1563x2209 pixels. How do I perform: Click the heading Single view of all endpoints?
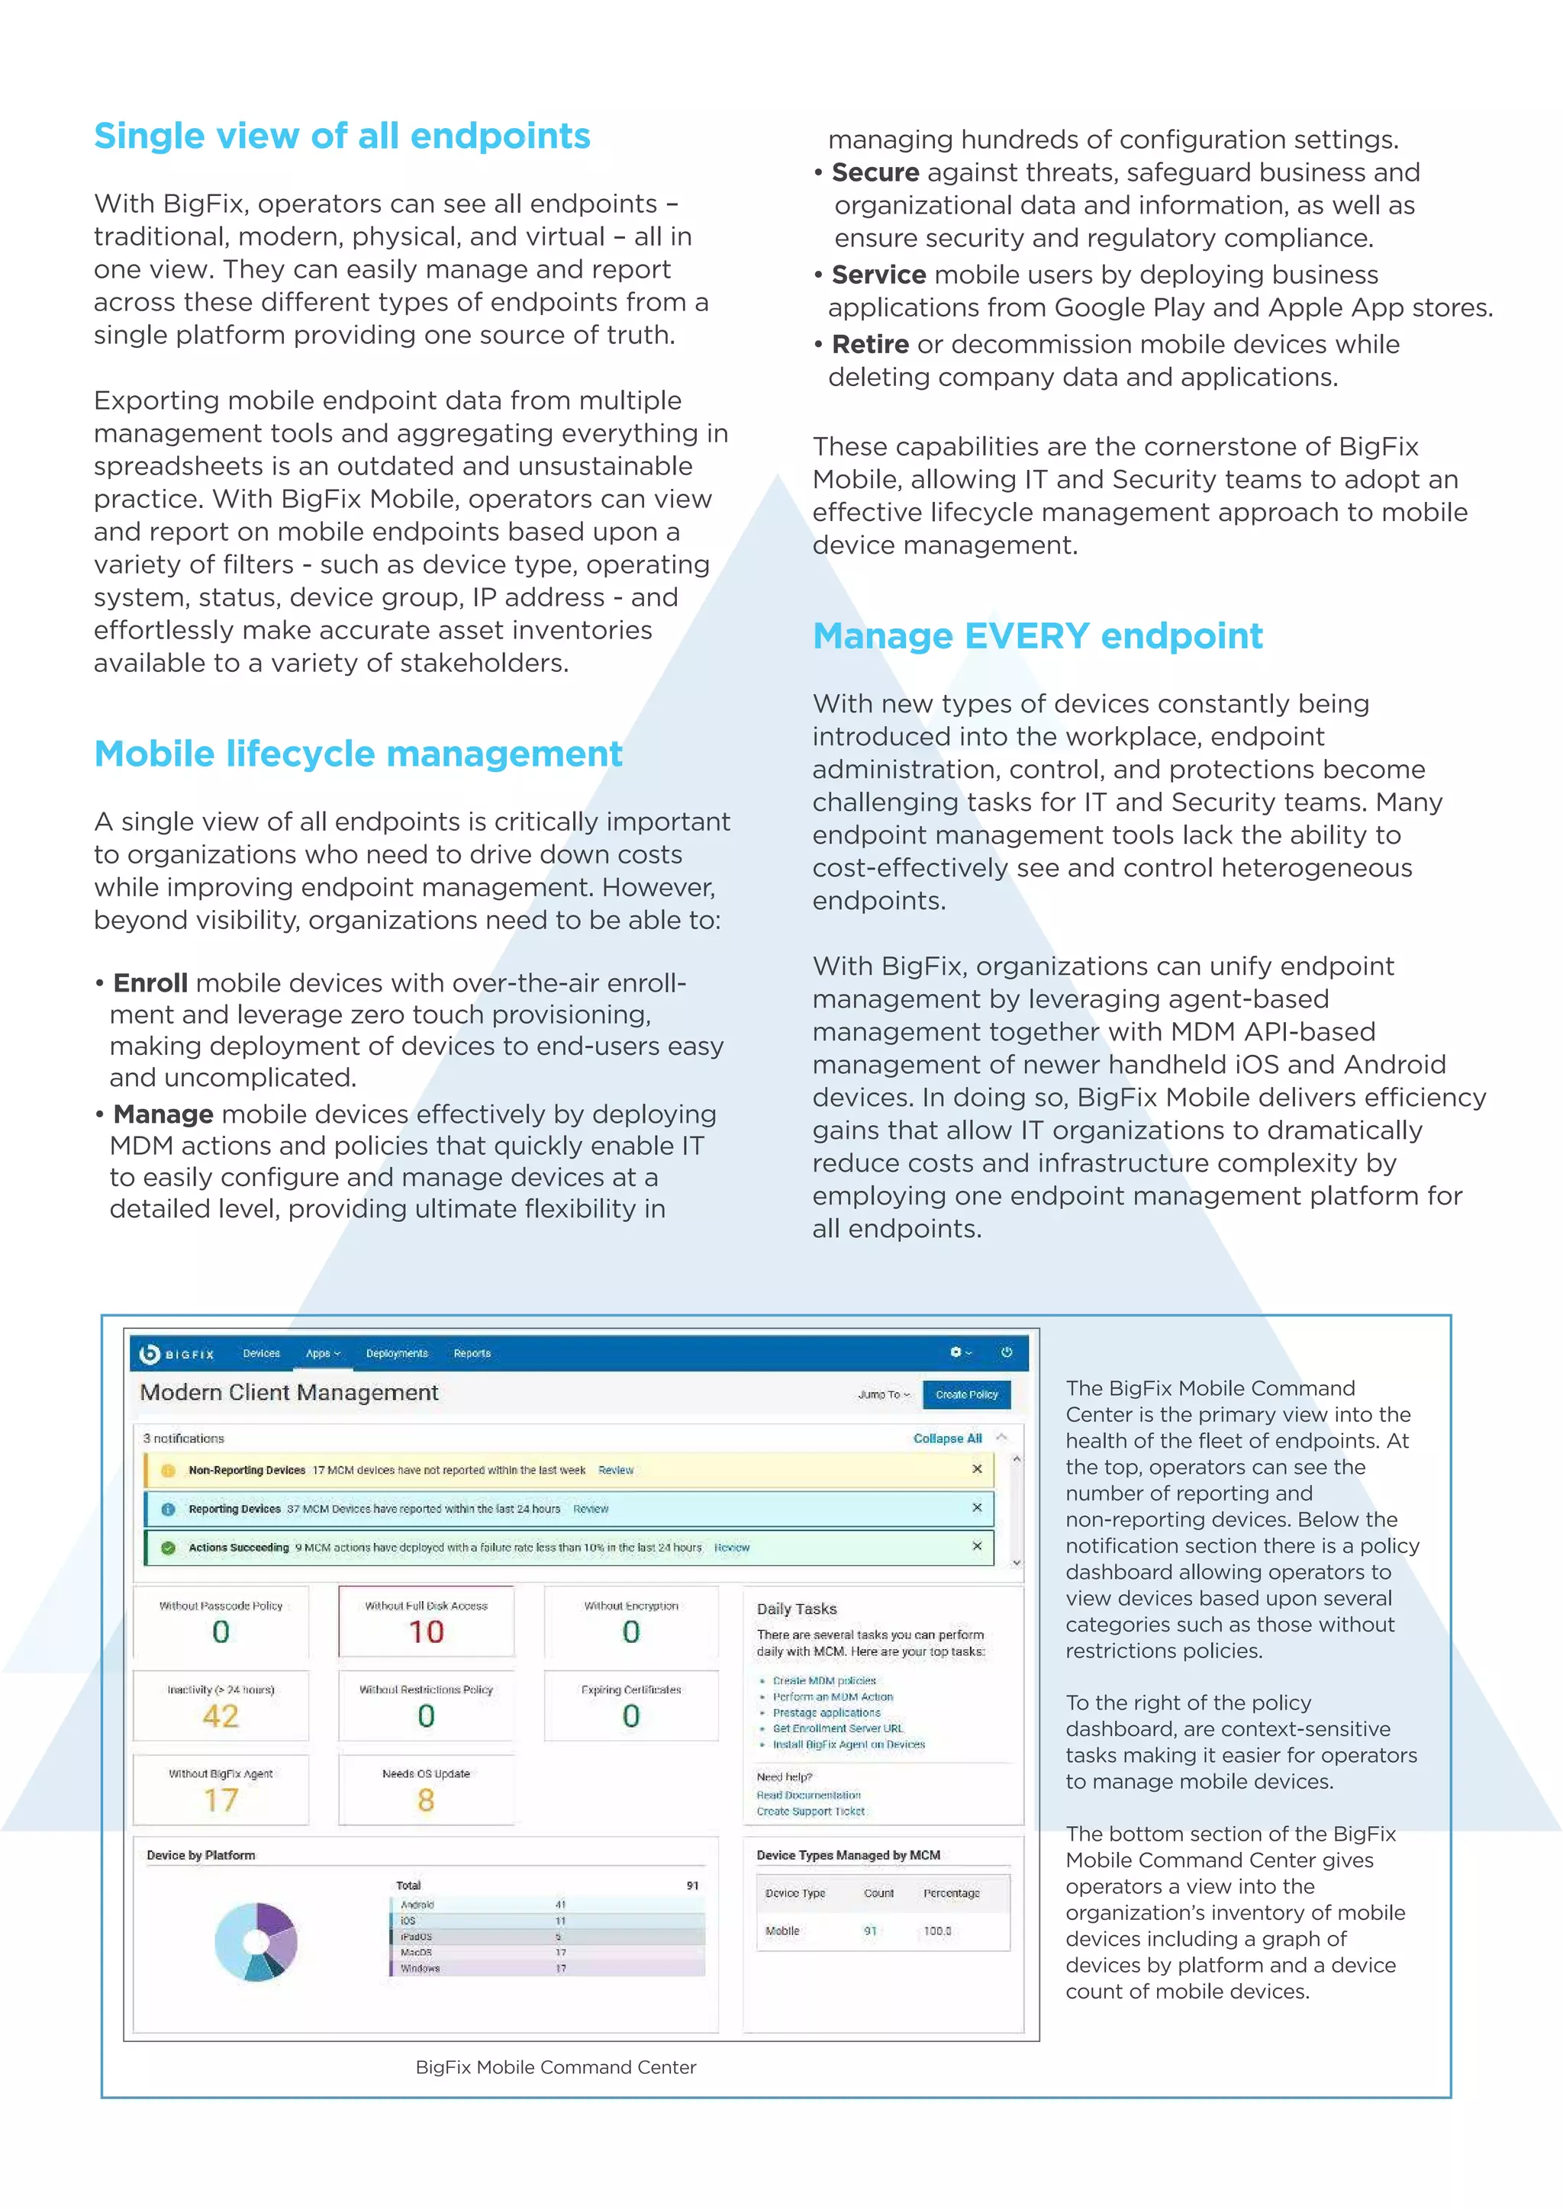[x=342, y=137]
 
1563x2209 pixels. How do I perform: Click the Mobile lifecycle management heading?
[x=358, y=754]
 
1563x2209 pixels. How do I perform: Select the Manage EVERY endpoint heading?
[x=1036, y=636]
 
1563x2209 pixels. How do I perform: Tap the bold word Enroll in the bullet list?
[x=150, y=983]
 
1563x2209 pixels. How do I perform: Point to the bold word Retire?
[x=869, y=345]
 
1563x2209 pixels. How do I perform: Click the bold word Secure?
[x=875, y=173]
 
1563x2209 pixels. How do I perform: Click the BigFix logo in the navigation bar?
[x=177, y=1354]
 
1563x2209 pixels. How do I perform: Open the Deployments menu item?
[x=397, y=1354]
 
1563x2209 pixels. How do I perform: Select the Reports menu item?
[x=472, y=1354]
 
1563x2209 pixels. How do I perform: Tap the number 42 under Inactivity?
[x=221, y=1715]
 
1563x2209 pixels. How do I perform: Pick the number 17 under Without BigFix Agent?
[x=221, y=1800]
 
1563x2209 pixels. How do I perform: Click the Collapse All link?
[x=947, y=1439]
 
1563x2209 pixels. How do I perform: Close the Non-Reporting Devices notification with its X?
[x=977, y=1469]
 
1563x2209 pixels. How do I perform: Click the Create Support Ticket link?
[x=810, y=1812]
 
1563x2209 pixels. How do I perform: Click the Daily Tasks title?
[x=796, y=1609]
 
